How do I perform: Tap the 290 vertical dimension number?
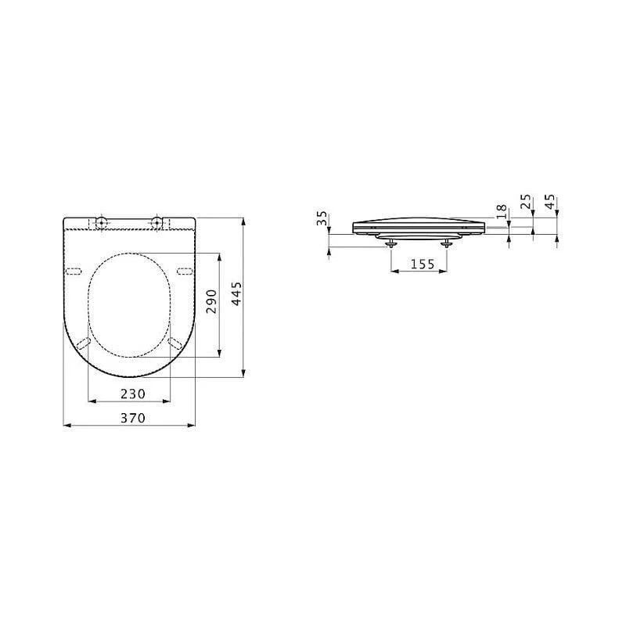tap(210, 301)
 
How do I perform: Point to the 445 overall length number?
tap(236, 296)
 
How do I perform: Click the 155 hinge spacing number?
tap(422, 264)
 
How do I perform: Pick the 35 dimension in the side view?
tap(322, 219)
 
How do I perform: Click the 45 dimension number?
tap(550, 203)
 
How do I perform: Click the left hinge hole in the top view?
tap(101, 223)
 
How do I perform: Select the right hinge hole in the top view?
tap(157, 223)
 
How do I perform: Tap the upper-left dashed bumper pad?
tap(75, 271)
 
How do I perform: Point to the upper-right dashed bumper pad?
tap(185, 271)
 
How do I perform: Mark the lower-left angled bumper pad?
tap(85, 342)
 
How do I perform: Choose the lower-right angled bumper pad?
tap(176, 342)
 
